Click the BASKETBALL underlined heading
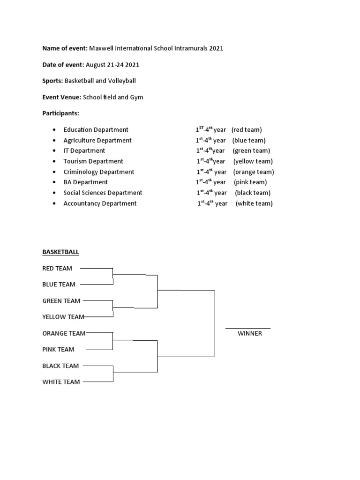(x=60, y=252)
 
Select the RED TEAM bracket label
(x=57, y=269)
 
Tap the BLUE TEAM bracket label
(x=59, y=285)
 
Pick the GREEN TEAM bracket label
(x=61, y=301)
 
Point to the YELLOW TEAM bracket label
(x=63, y=317)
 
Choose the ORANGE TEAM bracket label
(x=64, y=333)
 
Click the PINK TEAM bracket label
(x=58, y=349)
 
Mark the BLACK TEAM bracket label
(x=60, y=366)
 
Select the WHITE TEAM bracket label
(x=61, y=382)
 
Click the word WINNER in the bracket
(x=249, y=334)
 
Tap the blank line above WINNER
(x=248, y=329)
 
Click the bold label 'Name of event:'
(x=65, y=49)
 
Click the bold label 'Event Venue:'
(x=61, y=97)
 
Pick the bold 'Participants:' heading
(x=61, y=113)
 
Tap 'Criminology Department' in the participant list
(x=99, y=172)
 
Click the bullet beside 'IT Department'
(x=55, y=151)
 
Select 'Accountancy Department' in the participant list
(x=100, y=203)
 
